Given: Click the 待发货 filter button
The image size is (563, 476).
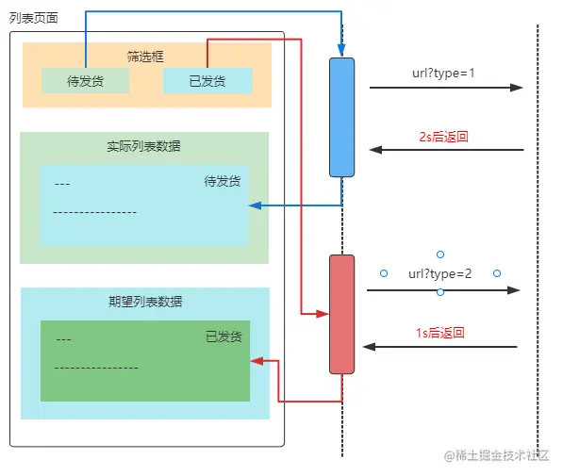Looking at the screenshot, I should pyautogui.click(x=85, y=81).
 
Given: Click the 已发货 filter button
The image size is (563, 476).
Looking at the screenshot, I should pyautogui.click(x=207, y=81).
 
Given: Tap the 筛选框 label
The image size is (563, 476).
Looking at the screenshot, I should pyautogui.click(x=145, y=55).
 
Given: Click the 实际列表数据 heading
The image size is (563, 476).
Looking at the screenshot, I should pyautogui.click(x=144, y=146).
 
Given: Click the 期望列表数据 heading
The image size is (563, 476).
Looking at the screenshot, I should pyautogui.click(x=144, y=302).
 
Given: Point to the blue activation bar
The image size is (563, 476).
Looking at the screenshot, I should pyautogui.click(x=341, y=117).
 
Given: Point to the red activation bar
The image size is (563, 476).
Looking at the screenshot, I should pyautogui.click(x=341, y=314).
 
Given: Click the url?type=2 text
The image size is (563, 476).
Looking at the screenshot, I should pyautogui.click(x=439, y=274).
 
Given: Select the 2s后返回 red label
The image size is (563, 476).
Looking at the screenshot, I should pyautogui.click(x=444, y=137).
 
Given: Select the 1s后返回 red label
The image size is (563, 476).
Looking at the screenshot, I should pyautogui.click(x=440, y=333).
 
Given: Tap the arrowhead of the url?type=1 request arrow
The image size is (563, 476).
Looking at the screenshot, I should pyautogui.click(x=517, y=88).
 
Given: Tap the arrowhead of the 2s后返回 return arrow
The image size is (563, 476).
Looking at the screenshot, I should pyautogui.click(x=374, y=150).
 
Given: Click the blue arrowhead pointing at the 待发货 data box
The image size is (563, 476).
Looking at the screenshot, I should pyautogui.click(x=255, y=205).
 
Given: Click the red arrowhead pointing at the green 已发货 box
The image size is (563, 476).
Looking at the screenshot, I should pyautogui.click(x=257, y=360).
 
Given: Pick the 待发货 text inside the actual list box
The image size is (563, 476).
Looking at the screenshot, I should pyautogui.click(x=223, y=181).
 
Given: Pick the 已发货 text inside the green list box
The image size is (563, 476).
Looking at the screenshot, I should pyautogui.click(x=224, y=336).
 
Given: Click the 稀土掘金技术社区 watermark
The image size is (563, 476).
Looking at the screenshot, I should pyautogui.click(x=496, y=454).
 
